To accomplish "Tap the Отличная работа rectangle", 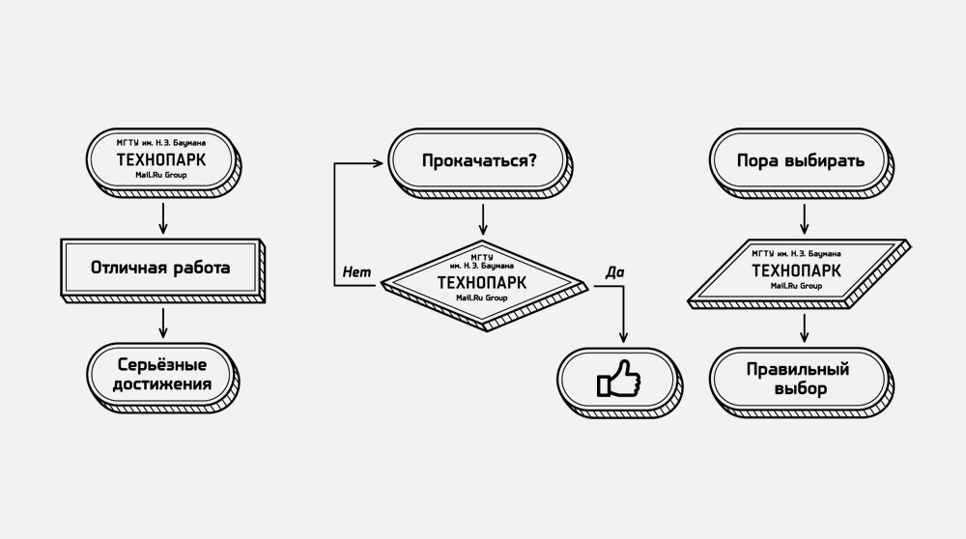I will click(x=160, y=267).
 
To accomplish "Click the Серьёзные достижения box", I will click(x=160, y=377).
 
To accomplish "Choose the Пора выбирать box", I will click(x=799, y=160).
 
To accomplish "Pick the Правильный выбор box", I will click(x=799, y=379).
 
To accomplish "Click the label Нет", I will click(x=356, y=272).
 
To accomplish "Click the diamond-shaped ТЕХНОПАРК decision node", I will click(x=482, y=282).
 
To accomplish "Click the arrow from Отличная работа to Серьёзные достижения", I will click(x=163, y=322).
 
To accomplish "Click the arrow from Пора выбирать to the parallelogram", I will click(x=802, y=214).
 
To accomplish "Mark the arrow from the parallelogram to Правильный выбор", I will click(x=802, y=328).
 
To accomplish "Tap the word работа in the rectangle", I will click(x=200, y=267).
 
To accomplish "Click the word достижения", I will click(x=160, y=388).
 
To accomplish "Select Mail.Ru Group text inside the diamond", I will click(x=482, y=298).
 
